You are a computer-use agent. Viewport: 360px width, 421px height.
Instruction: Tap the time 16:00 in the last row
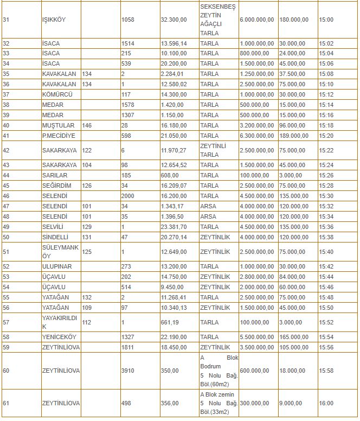point(326,404)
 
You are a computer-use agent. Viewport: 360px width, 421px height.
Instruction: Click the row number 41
point(7,136)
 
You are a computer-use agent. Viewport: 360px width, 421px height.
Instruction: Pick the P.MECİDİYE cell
point(59,136)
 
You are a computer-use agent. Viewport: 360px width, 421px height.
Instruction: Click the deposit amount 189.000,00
point(294,136)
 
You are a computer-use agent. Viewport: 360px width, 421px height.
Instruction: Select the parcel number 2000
point(127,196)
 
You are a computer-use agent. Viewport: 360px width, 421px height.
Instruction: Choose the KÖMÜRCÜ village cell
point(56,94)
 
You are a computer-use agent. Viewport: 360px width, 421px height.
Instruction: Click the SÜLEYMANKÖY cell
point(57,252)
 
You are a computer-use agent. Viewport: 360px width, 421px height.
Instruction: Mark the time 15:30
point(326,196)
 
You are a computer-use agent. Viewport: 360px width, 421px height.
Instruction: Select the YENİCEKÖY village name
point(57,337)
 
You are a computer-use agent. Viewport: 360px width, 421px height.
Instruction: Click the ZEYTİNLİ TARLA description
point(213,150)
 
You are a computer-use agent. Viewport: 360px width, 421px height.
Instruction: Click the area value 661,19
point(170,322)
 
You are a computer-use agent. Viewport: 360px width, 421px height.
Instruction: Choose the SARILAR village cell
point(55,175)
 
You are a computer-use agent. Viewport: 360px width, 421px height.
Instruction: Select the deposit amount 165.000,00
point(294,337)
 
